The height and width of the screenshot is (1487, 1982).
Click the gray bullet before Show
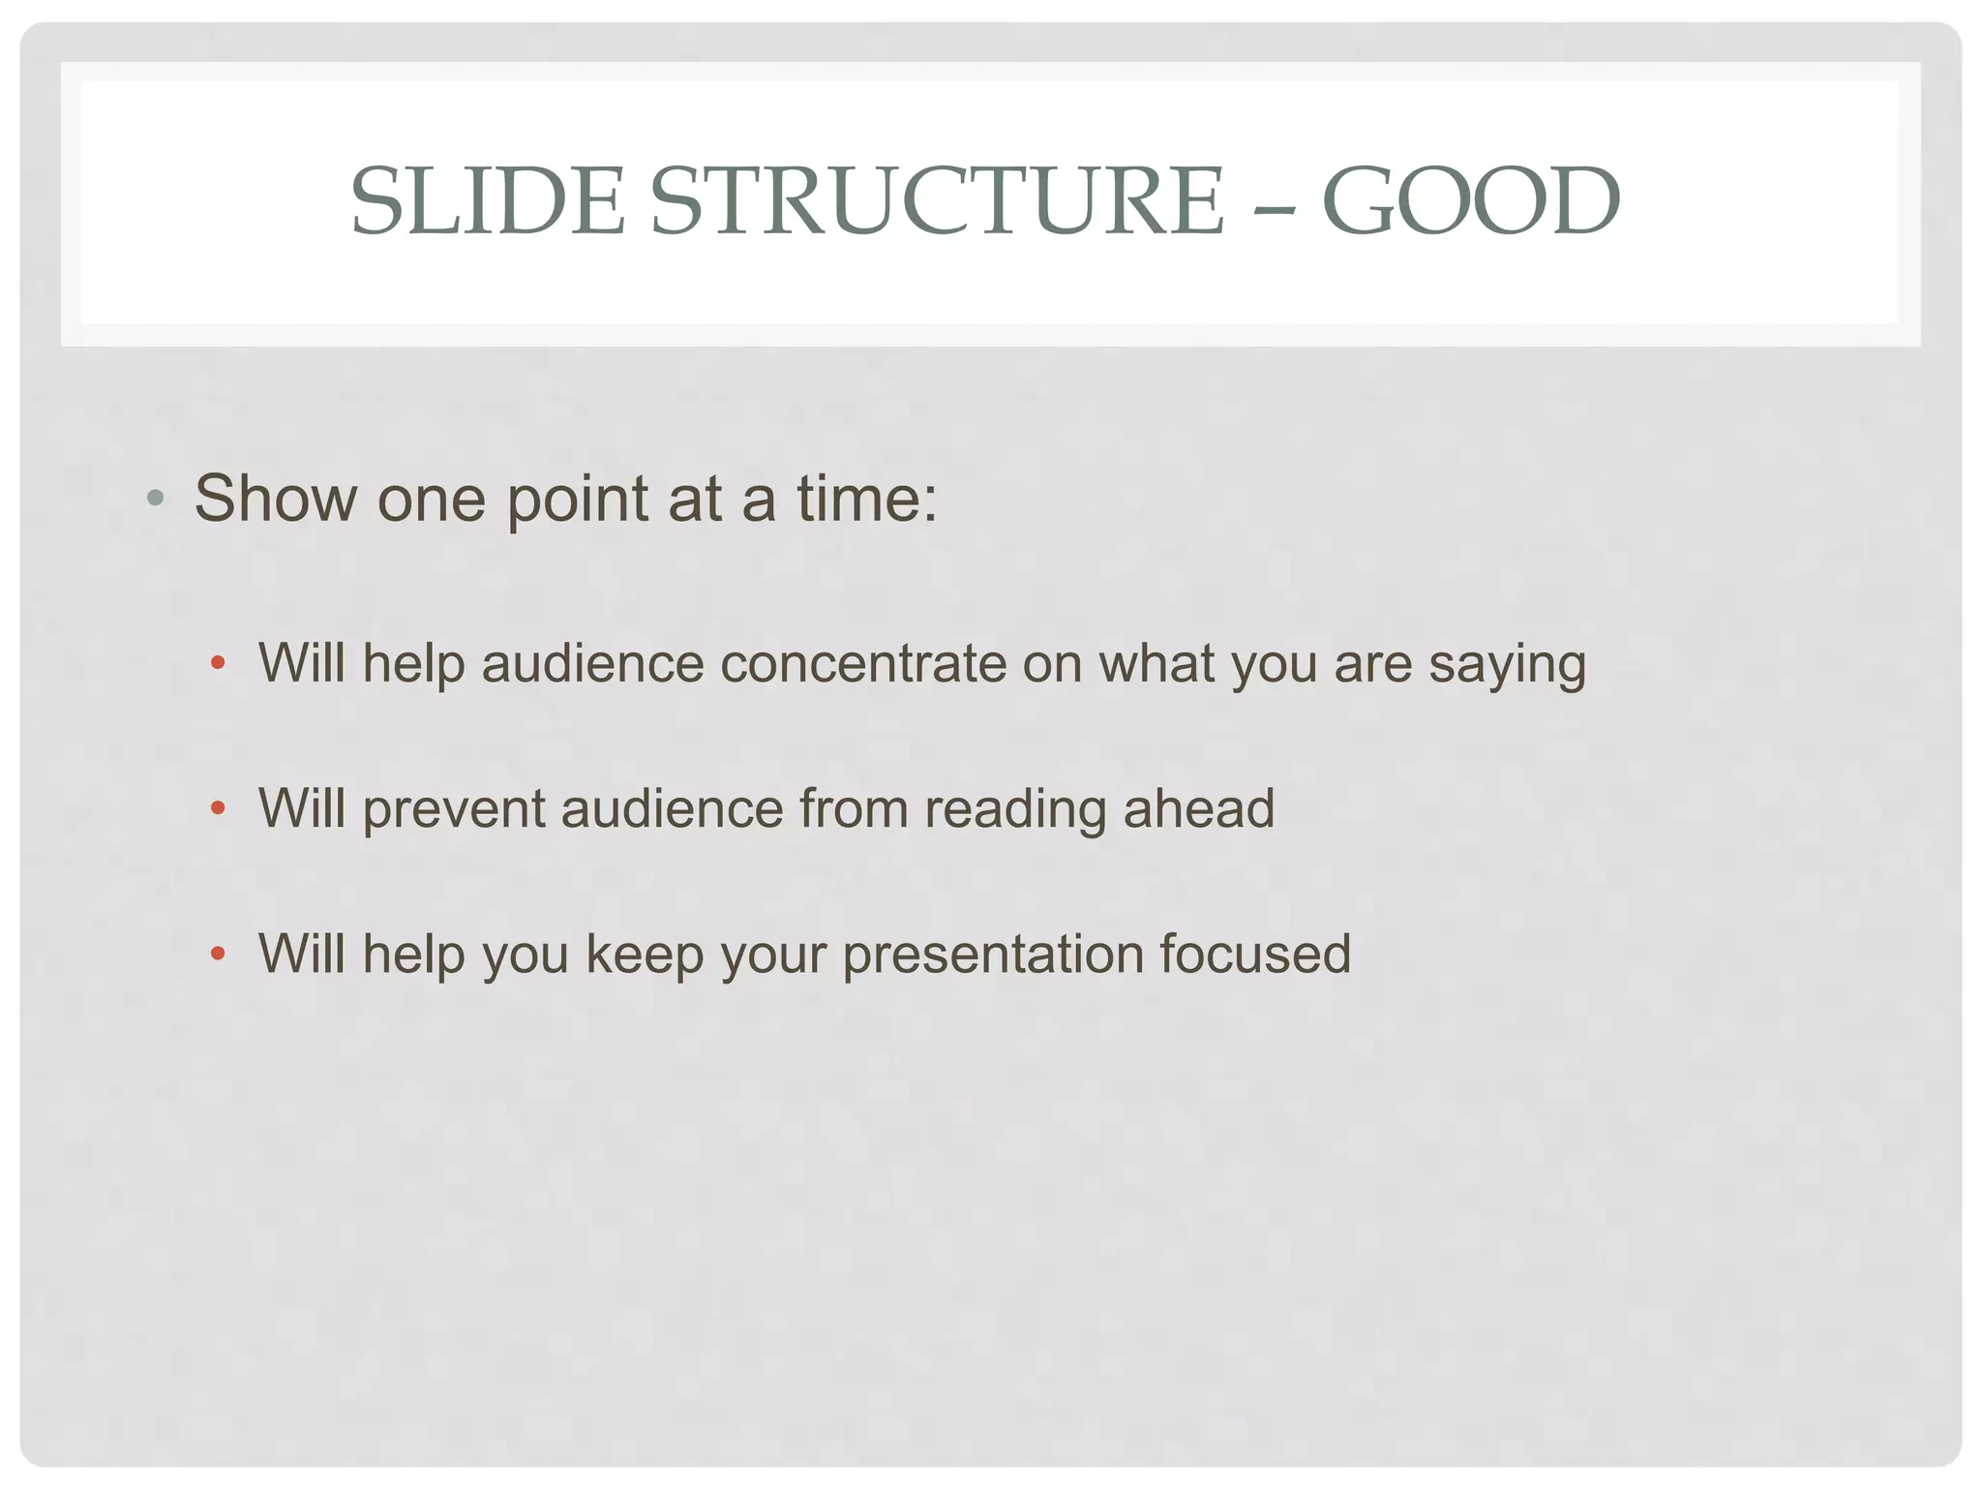pos(155,500)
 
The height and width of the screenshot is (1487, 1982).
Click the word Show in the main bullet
pos(276,500)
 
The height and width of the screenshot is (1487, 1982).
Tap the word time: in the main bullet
pos(866,500)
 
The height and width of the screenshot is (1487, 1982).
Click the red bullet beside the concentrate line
pos(218,664)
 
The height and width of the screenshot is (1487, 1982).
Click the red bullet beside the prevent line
pos(218,808)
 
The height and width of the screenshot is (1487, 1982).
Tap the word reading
pos(1014,810)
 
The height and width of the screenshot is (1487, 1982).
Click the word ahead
pos(1198,808)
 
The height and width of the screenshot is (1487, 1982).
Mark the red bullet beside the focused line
pos(218,954)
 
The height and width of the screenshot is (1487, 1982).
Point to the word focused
pos(1254,954)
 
